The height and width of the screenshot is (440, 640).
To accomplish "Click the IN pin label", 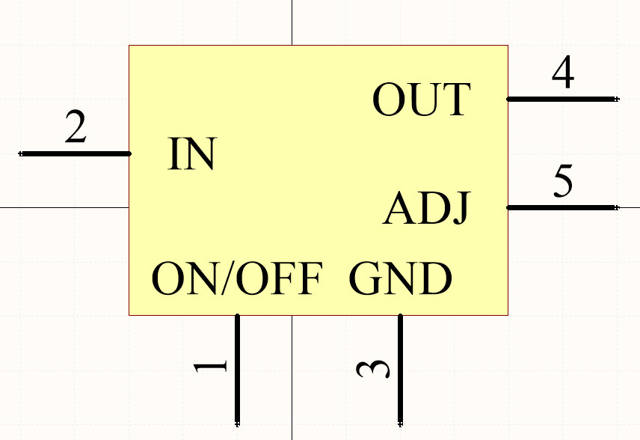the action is [192, 153].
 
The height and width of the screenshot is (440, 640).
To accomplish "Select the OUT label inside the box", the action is [421, 100].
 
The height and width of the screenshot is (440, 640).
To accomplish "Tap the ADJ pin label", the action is [426, 208].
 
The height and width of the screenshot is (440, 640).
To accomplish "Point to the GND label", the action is [400, 278].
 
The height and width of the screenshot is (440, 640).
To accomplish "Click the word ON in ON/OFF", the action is [183, 278].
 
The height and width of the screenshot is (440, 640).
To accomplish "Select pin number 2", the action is [76, 127].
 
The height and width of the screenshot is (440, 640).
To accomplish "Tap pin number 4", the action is [563, 73].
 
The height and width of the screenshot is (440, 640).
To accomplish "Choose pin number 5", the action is [563, 182].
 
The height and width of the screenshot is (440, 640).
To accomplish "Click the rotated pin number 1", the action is [212, 367].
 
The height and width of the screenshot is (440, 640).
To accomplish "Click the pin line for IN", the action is [75, 153].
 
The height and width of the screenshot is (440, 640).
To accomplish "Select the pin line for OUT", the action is [562, 99].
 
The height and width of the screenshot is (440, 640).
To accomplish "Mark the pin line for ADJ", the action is [562, 207].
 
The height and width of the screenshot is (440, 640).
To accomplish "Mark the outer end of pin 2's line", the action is [22, 153].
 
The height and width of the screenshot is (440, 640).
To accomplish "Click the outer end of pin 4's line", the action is [616, 99].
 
